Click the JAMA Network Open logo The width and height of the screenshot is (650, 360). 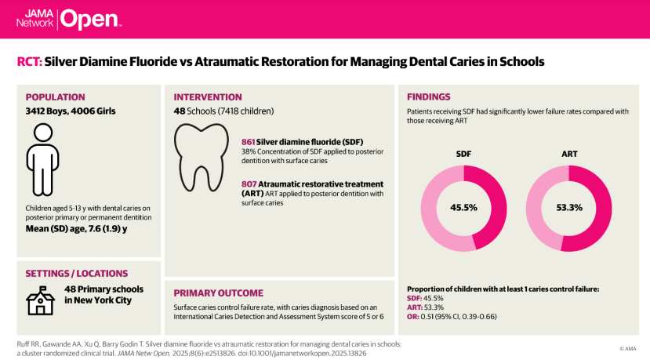[69, 19]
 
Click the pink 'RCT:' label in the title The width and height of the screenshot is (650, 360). [30, 62]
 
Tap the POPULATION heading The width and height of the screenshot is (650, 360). [55, 97]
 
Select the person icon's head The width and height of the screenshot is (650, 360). [43, 133]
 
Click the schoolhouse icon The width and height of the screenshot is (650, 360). [40, 300]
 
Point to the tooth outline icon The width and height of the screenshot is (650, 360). [201, 157]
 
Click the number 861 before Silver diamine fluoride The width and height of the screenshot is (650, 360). [248, 142]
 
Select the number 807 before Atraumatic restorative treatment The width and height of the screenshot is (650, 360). [249, 184]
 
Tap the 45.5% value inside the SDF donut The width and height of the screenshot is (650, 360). [463, 207]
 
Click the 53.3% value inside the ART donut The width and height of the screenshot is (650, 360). [569, 207]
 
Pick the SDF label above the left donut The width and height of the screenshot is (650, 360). [463, 154]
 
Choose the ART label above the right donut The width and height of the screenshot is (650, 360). [569, 154]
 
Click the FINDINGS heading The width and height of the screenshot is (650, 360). [429, 96]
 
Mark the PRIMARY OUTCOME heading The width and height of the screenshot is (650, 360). [219, 293]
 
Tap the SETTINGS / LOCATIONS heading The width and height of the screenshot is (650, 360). [77, 274]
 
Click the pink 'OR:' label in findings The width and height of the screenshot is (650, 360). [413, 317]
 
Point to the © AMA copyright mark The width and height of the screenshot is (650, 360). [627, 349]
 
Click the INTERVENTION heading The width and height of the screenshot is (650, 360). [208, 97]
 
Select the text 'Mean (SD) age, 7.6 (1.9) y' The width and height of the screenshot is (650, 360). [76, 229]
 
